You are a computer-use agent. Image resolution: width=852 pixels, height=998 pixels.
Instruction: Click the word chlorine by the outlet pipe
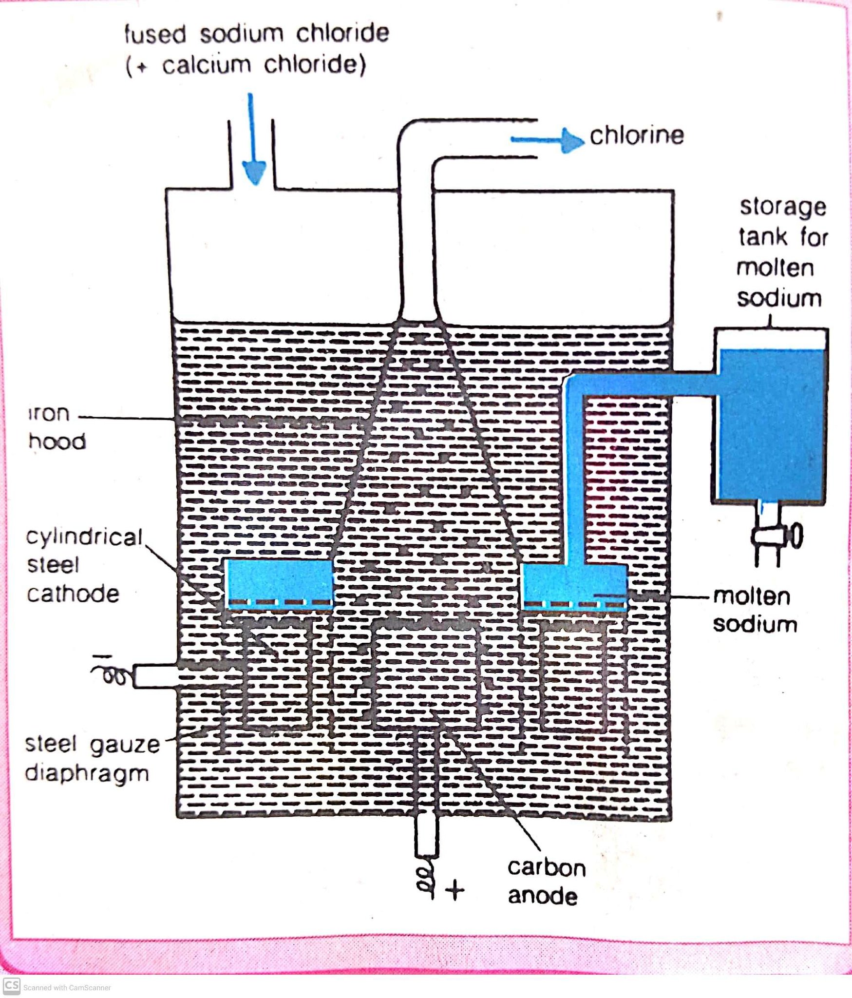click(x=637, y=135)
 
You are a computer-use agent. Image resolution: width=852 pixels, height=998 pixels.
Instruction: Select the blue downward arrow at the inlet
click(x=253, y=139)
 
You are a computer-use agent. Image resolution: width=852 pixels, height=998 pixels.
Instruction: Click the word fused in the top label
click(x=155, y=34)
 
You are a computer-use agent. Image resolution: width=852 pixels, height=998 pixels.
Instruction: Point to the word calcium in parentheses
click(x=207, y=65)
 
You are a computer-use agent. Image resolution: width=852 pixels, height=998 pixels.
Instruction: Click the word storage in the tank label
click(x=783, y=208)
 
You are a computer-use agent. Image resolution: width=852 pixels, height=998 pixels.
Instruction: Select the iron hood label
click(x=57, y=427)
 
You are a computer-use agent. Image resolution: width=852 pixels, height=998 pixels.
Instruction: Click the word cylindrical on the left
click(x=84, y=537)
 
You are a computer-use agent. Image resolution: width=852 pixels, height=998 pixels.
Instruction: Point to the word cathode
click(x=73, y=594)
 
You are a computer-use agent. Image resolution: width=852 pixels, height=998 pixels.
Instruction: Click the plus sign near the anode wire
click(x=455, y=890)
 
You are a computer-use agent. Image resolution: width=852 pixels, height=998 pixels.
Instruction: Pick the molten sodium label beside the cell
click(x=755, y=610)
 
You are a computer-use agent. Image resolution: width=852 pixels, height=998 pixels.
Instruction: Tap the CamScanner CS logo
click(x=11, y=985)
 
